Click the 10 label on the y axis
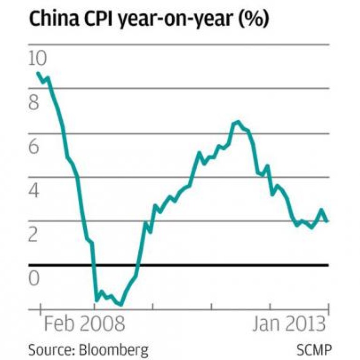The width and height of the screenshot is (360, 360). click(37, 58)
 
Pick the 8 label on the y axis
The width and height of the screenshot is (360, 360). click(34, 103)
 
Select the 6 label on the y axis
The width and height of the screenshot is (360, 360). click(34, 147)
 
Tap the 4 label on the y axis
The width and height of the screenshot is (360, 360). click(34, 191)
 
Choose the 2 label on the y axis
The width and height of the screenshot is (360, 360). click(34, 235)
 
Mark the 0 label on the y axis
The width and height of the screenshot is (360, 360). click(34, 278)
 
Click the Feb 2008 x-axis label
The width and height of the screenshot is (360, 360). click(84, 324)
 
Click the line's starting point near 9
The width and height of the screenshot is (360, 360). click(38, 73)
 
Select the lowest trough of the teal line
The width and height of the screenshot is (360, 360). click(121, 305)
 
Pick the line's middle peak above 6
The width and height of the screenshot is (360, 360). click(238, 122)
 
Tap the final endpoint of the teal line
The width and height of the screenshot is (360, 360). click(327, 221)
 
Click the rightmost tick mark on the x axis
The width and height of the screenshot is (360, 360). click(328, 309)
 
